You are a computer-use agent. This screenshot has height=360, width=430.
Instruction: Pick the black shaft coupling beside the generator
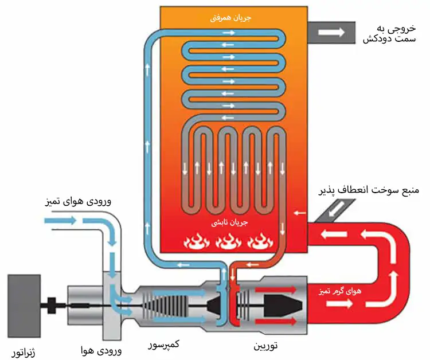pos(53,306)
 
